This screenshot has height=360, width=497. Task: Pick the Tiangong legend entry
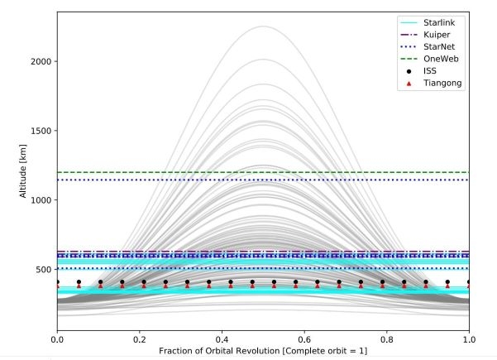pos(438,83)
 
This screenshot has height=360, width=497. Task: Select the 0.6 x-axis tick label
pos(304,339)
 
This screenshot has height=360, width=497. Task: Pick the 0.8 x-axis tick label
pos(387,339)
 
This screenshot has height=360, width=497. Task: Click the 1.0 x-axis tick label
pos(469,339)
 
